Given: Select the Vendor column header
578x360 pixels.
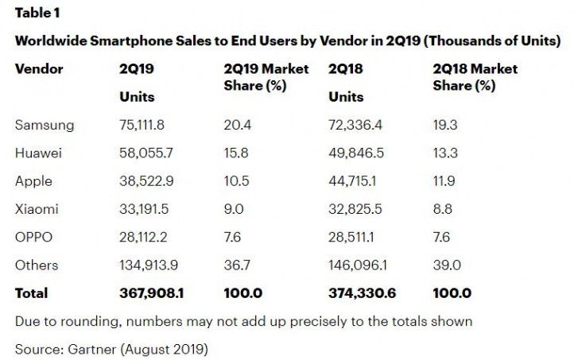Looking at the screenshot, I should tap(39, 69).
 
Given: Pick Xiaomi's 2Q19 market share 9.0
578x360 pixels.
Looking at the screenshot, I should tap(236, 209).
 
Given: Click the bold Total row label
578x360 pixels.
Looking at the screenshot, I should tap(32, 293).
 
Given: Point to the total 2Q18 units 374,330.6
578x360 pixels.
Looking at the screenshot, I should tap(362, 293).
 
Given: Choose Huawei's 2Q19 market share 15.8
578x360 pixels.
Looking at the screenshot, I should tap(239, 153).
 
